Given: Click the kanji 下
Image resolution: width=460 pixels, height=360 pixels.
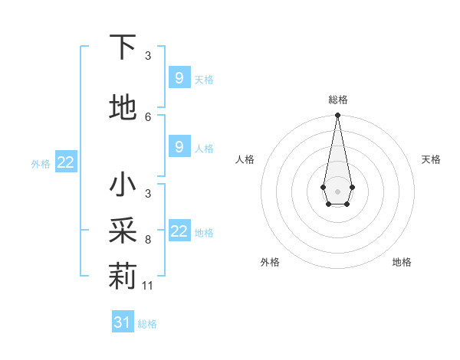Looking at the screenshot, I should [123, 47].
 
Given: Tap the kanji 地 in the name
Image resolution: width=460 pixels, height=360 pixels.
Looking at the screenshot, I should [123, 108].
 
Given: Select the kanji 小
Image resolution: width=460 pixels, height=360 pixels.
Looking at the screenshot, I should [123, 185].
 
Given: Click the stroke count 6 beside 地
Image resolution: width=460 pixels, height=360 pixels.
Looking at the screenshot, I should [148, 117].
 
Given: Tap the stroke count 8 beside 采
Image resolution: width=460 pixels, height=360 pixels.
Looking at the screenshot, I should [148, 240].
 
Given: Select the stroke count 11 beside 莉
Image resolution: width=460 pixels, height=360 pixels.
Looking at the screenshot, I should [149, 286].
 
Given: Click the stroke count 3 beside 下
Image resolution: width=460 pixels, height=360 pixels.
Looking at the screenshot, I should [148, 55].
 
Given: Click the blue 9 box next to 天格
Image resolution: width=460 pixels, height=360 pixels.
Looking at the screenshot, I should [179, 78].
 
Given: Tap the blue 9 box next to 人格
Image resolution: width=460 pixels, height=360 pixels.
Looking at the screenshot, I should [179, 147].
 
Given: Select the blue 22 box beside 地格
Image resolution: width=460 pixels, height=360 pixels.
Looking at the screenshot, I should [179, 231].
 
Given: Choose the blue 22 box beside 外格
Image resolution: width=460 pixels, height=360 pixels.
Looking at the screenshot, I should [66, 162].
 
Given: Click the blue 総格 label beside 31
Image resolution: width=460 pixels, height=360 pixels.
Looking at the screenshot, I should [147, 324].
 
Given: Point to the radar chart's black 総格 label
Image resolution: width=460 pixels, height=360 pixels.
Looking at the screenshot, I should [337, 100].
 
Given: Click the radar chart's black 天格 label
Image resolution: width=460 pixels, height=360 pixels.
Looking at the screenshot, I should [431, 159].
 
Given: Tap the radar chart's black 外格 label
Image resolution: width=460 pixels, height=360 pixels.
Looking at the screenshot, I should [270, 263].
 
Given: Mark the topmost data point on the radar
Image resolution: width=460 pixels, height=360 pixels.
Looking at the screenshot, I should [337, 116].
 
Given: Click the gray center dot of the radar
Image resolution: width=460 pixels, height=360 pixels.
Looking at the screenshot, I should [337, 190].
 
